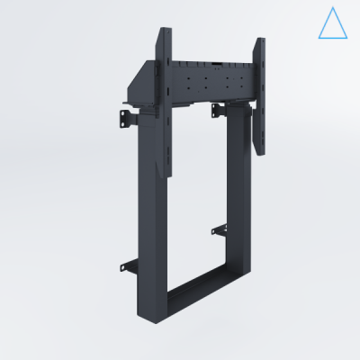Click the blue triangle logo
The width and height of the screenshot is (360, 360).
tap(331, 24)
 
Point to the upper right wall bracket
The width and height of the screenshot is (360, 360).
tap(219, 111)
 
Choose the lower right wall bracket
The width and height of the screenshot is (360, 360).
tap(219, 229)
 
